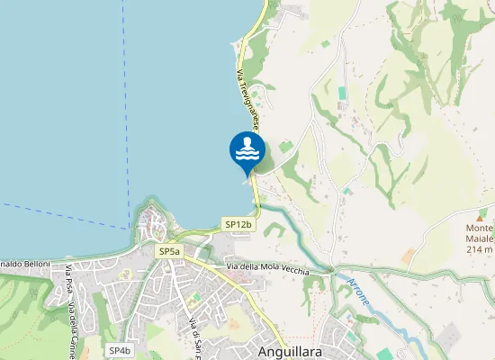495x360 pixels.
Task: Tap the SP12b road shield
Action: coord(238,224)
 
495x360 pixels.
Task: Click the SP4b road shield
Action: coord(120,350)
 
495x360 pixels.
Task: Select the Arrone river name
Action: coord(356,292)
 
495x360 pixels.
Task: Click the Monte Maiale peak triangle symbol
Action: coord(481,216)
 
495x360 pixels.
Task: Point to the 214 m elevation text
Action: coord(481,249)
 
